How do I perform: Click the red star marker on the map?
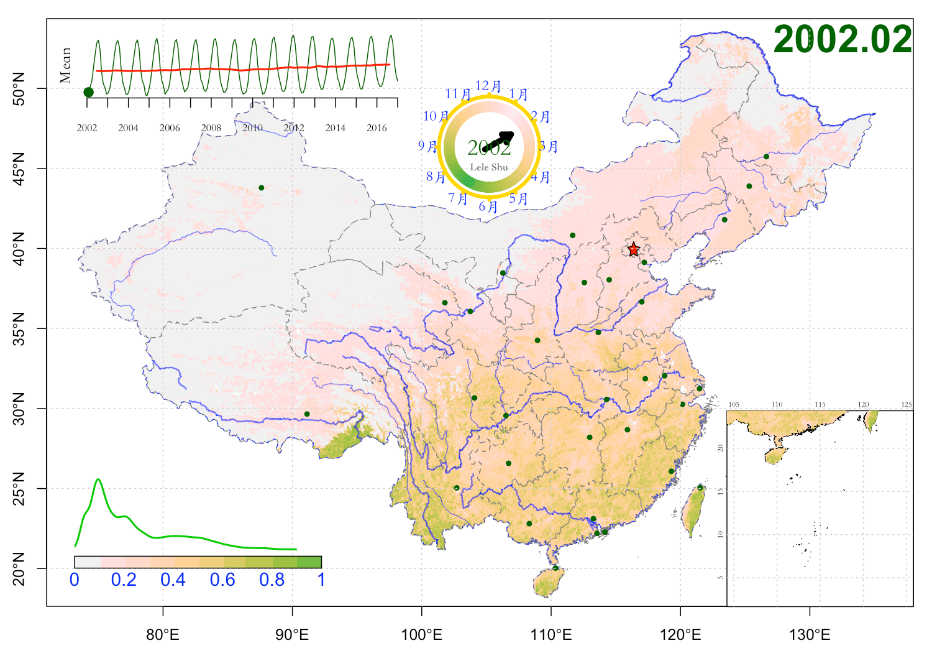(x=633, y=249)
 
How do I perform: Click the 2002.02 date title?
(x=842, y=39)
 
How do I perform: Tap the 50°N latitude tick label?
(x=19, y=88)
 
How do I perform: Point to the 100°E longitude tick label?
(x=422, y=635)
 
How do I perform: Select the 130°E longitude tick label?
(x=810, y=635)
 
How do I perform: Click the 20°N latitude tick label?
(x=19, y=568)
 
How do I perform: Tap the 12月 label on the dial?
(x=488, y=86)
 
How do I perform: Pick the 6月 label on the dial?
(x=488, y=206)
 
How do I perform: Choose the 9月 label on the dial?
(x=427, y=146)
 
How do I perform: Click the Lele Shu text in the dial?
(x=489, y=167)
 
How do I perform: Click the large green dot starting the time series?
(x=88, y=92)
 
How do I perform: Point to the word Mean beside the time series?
(x=66, y=65)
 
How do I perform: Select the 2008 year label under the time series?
(x=211, y=128)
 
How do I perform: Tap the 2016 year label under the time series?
(x=377, y=128)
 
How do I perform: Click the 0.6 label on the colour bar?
(x=222, y=580)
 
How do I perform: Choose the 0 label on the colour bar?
(x=75, y=580)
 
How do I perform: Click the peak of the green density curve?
(x=98, y=479)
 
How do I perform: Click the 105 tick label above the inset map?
(x=734, y=405)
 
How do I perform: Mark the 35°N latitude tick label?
(x=19, y=328)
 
